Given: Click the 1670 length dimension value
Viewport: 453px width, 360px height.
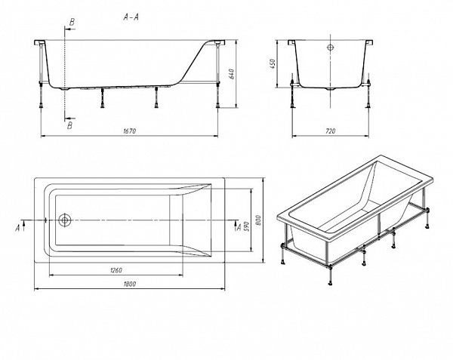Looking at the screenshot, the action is (x=129, y=131).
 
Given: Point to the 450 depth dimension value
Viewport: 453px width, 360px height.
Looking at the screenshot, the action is (x=273, y=63).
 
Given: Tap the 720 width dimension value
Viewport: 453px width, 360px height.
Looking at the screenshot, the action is (x=331, y=131).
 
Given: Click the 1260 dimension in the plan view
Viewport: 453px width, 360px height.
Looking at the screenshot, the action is (x=116, y=270).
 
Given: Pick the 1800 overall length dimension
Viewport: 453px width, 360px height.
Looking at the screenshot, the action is (x=129, y=284).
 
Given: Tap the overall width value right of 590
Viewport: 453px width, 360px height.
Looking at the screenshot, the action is (x=258, y=220).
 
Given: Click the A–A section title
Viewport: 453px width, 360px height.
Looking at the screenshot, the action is (x=131, y=17).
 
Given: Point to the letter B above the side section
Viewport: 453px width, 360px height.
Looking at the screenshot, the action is (x=72, y=23).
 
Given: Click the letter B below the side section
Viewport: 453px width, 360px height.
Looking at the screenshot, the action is (x=69, y=125).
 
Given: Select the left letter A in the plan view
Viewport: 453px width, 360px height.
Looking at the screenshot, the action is (x=18, y=228).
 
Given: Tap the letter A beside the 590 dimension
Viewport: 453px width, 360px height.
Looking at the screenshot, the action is (x=239, y=227).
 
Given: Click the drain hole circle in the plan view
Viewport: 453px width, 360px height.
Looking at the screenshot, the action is (x=64, y=220).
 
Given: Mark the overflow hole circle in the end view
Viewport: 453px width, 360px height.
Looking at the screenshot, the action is (x=331, y=48).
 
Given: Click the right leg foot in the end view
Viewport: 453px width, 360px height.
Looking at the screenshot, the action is (x=368, y=106).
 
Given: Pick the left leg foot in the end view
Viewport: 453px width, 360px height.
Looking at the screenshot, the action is (x=294, y=106).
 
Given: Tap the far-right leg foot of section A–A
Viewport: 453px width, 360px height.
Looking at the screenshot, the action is (x=218, y=106).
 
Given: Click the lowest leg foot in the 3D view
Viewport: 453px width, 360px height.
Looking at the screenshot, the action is (x=330, y=282).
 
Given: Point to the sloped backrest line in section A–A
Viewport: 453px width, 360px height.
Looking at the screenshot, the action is (x=194, y=61).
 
